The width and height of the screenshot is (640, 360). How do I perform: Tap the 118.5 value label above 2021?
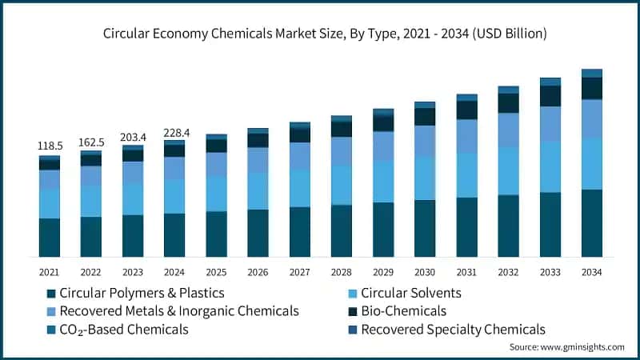[50, 146]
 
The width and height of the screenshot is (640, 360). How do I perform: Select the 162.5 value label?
[91, 142]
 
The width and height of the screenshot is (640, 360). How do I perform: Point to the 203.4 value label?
[133, 137]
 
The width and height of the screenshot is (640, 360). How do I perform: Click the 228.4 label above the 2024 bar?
[174, 132]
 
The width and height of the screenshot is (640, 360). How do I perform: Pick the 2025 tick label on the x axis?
[216, 272]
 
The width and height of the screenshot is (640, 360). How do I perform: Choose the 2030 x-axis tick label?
[424, 272]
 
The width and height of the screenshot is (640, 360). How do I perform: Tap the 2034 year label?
[591, 272]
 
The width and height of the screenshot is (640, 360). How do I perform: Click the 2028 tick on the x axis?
[341, 272]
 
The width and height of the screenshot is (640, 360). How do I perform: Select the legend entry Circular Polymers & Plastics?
[136, 293]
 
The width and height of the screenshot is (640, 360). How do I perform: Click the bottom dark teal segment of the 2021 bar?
[50, 237]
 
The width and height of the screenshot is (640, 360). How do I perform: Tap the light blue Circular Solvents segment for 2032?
[508, 170]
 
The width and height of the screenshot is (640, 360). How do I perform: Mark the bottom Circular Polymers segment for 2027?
[299, 231]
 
